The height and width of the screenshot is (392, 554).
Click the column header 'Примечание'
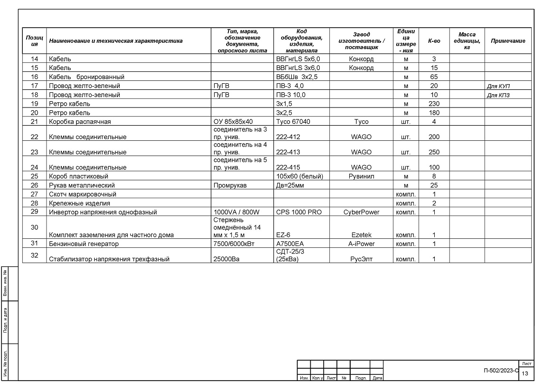point(508,41)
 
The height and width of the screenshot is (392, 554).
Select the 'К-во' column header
point(434,41)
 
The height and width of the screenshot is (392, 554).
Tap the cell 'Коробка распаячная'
point(80,122)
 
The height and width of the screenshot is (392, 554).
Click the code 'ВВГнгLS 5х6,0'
point(298,59)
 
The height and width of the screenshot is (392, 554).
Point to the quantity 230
point(434,104)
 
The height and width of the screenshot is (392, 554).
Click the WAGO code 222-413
point(288,152)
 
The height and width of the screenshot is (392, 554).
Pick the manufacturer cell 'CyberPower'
point(361,212)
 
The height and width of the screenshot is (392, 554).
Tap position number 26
point(34,185)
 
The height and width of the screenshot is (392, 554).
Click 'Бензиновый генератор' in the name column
point(84,244)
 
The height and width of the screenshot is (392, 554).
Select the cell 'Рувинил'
point(361,176)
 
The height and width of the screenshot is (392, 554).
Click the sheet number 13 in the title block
point(525,373)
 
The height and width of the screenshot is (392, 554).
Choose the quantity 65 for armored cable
point(434,77)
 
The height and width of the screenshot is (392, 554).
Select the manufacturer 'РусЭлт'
point(361,259)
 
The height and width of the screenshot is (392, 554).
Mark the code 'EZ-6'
point(284,235)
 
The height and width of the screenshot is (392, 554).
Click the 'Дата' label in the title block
point(377,378)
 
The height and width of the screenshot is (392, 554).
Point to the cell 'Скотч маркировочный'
point(83,194)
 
